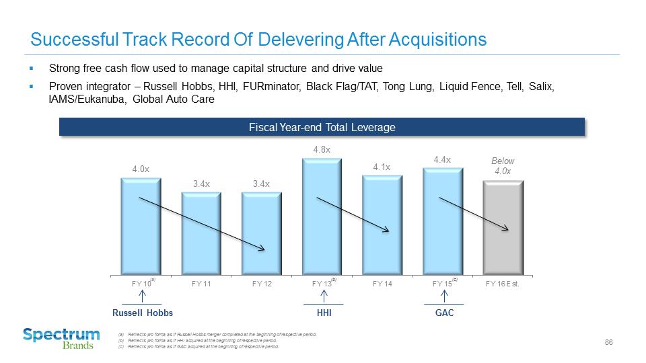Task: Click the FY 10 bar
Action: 141,225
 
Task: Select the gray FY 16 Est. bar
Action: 503,227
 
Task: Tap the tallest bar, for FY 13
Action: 322,216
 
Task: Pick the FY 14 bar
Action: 382,225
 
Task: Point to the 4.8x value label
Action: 322,149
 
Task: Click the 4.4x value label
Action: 442,159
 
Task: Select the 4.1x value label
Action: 382,167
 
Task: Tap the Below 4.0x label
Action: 503,166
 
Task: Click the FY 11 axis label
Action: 201,284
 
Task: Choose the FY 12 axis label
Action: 262,284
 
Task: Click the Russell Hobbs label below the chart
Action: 142,313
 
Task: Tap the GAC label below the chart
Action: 444,313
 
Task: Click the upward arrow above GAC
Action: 444,296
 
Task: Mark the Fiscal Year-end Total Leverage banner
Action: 322,127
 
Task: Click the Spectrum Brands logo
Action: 61,338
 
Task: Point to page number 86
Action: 608,343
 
